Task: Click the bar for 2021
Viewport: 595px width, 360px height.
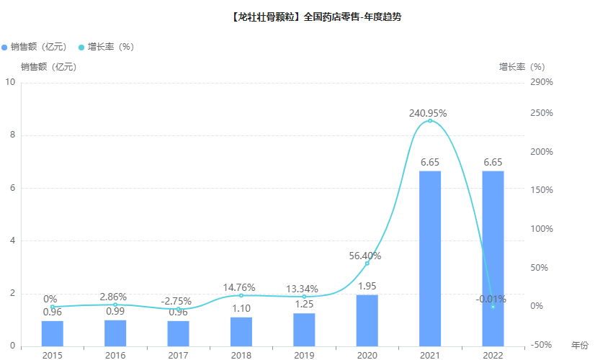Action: (x=430, y=258)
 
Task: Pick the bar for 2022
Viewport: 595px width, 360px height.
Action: (x=493, y=258)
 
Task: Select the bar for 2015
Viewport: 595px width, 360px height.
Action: (x=53, y=333)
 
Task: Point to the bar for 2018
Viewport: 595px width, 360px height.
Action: (x=241, y=331)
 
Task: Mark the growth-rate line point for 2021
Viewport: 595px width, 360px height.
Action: (x=430, y=121)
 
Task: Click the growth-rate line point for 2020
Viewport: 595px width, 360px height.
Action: (x=367, y=264)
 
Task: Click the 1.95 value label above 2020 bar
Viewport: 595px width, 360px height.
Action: (x=367, y=287)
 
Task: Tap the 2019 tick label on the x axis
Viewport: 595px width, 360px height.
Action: (x=304, y=354)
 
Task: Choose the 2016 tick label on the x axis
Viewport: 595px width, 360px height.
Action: (x=115, y=354)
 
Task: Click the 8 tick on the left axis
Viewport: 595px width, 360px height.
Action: (x=10, y=135)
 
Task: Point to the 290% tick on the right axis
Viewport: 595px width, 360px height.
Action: (x=541, y=82)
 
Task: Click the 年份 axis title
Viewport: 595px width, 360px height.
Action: (x=580, y=346)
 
